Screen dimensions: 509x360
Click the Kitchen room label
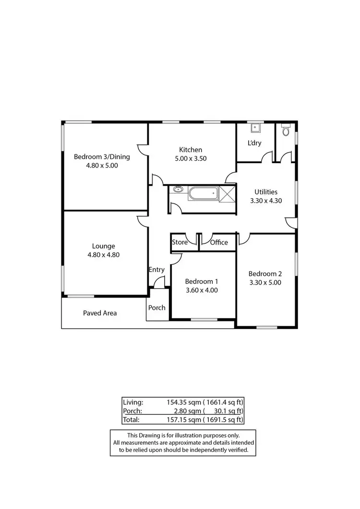(x=191, y=150)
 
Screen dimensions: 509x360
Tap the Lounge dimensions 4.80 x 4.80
(x=103, y=255)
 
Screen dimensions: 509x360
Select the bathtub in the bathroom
(x=202, y=194)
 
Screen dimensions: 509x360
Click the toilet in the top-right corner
(x=286, y=130)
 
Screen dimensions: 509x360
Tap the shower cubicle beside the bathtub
(x=227, y=194)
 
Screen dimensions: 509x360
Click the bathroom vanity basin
(x=179, y=189)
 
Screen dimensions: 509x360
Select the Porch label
(x=156, y=308)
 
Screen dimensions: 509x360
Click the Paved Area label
(x=100, y=313)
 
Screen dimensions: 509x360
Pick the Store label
(x=180, y=242)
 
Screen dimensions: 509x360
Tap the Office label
(x=219, y=242)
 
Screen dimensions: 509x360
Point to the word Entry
(x=156, y=270)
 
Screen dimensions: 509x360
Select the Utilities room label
(x=266, y=192)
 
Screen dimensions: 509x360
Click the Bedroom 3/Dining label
(x=102, y=156)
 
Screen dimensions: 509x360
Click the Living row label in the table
(x=133, y=402)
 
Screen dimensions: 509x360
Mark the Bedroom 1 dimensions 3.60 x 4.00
(x=202, y=290)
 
